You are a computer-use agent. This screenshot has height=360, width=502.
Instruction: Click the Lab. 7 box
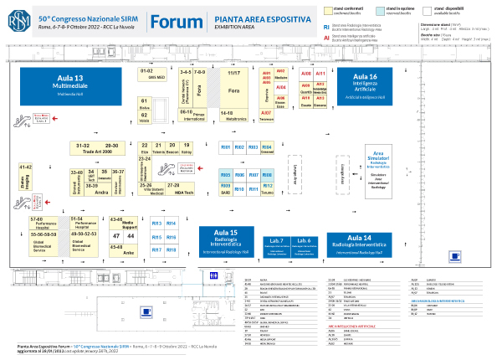tap(278, 244)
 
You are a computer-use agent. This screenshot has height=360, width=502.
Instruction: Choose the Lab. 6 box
tap(305, 244)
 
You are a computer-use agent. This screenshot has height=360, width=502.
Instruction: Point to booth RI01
tap(225, 147)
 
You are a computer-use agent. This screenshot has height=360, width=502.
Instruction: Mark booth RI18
tap(171, 250)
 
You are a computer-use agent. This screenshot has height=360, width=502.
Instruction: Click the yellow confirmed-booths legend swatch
tap(330, 8)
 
